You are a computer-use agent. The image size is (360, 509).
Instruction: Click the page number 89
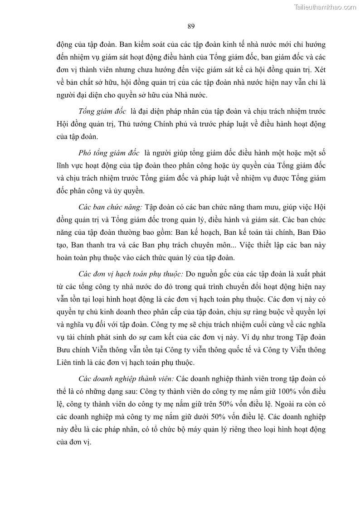pyautogui.click(x=191, y=26)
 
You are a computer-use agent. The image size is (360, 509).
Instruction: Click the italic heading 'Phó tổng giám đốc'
pyautogui.click(x=109, y=150)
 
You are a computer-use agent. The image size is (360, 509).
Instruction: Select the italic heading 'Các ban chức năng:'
pyautogui.click(x=111, y=207)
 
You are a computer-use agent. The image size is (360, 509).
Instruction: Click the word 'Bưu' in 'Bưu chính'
pyautogui.click(x=63, y=350)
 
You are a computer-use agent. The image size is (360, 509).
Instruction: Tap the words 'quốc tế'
pyautogui.click(x=241, y=350)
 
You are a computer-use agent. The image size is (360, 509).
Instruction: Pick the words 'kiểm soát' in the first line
pyautogui.click(x=142, y=45)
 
